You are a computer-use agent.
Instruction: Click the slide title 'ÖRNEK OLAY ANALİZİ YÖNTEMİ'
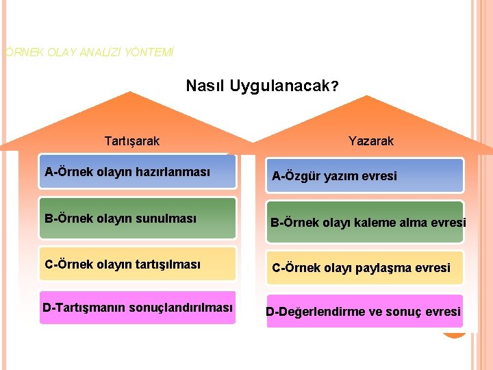point(89,51)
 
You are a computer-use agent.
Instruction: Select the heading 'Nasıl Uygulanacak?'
point(262,86)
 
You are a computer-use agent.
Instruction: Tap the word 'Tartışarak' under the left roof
point(131,141)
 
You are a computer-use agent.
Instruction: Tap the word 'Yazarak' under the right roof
point(371,141)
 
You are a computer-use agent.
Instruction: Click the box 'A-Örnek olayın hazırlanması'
point(137,171)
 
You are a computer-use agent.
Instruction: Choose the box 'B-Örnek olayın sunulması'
point(137,219)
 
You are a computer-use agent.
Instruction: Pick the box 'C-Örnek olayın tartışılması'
point(137,264)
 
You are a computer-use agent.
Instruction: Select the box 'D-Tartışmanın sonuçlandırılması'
point(137,308)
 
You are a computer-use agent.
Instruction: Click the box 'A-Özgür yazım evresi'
point(365,175)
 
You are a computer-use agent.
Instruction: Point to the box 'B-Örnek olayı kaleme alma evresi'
point(365,222)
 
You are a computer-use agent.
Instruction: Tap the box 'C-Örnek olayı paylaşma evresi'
point(365,267)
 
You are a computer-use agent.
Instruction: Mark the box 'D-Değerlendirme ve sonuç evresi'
point(365,312)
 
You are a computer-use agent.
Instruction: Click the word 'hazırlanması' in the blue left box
point(177,171)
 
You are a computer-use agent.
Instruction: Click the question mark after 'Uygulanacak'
point(334,87)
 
